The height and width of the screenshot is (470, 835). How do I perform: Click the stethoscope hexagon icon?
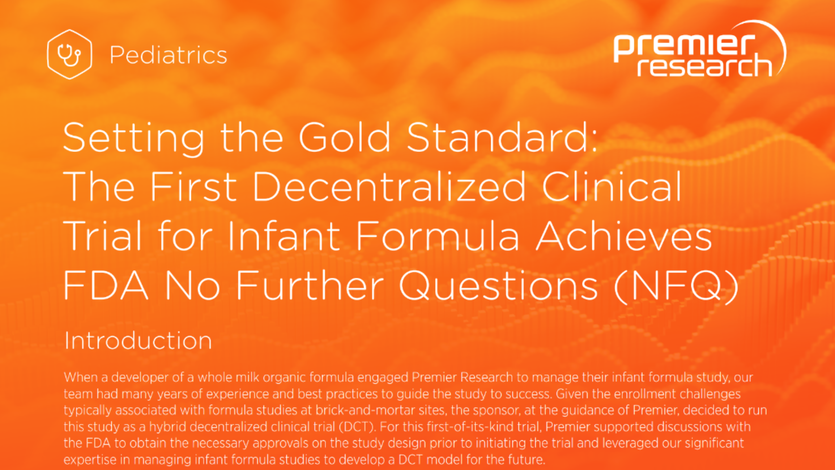coord(69,54)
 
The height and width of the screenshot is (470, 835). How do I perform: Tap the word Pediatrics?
coord(169,55)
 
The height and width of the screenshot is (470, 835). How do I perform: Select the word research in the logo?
coord(704,65)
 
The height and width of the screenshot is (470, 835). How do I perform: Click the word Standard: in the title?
coord(502,137)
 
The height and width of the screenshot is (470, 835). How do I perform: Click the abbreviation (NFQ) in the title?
coord(676,286)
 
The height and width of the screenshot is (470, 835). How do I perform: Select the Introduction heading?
coord(138,340)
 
